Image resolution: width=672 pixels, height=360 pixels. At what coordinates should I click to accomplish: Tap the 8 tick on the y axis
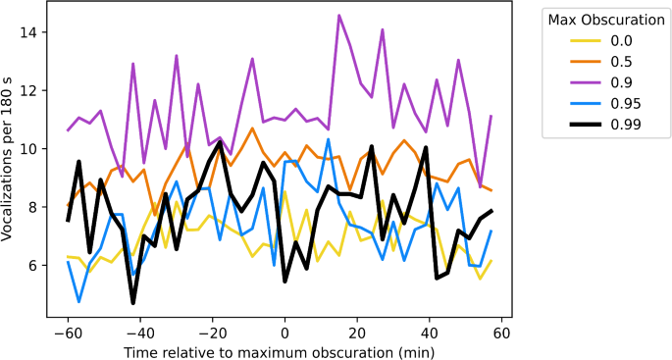coord(37,207)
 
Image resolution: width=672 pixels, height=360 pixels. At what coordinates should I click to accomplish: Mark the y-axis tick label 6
coord(37,265)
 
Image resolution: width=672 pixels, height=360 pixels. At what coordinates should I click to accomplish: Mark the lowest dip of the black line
coord(133,303)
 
